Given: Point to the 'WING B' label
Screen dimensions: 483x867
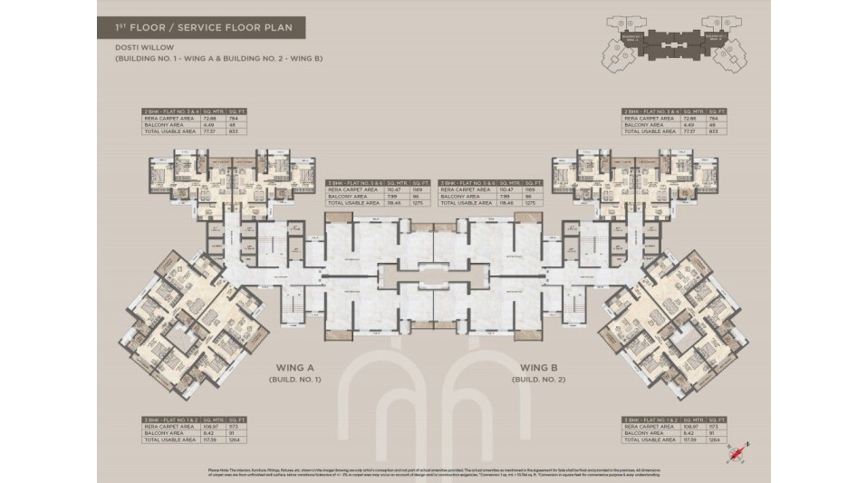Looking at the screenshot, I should click(x=537, y=368).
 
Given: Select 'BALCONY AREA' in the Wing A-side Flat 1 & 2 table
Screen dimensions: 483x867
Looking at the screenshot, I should click(x=161, y=434).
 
